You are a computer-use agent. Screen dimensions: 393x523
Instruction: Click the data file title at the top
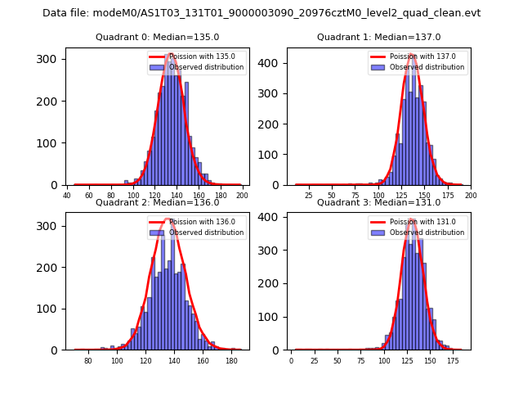pyautogui.click(x=261, y=13)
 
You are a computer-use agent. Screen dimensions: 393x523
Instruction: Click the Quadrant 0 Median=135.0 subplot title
pyautogui.click(x=157, y=37)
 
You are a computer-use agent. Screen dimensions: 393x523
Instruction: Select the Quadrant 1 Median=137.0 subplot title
pyautogui.click(x=378, y=37)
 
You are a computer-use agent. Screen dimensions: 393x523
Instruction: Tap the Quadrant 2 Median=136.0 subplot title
pyautogui.click(x=157, y=202)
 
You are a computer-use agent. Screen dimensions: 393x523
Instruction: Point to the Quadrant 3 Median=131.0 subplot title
pyautogui.click(x=378, y=202)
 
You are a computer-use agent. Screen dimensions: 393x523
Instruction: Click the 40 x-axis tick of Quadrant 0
pyautogui.click(x=68, y=196)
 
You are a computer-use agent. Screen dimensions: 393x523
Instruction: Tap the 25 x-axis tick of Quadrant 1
pyautogui.click(x=309, y=196)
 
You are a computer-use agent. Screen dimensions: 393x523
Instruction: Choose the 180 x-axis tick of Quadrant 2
pyautogui.click(x=231, y=360)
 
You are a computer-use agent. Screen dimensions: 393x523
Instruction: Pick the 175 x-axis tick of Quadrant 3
pyautogui.click(x=453, y=360)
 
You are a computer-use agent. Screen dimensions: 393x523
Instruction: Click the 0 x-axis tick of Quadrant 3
pyautogui.click(x=291, y=360)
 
